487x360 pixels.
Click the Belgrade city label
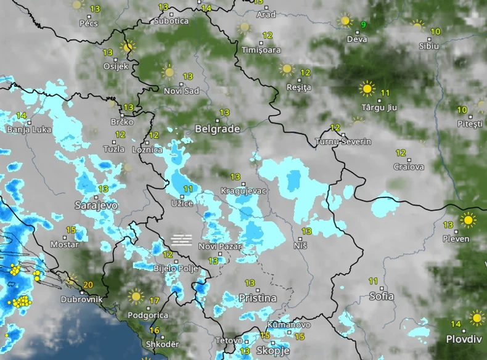pos(217,129)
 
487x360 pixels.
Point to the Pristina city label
pos(258,298)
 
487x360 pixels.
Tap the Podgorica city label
pos(147,315)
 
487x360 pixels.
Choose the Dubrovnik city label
pos(81,300)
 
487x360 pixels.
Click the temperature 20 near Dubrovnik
pos(88,285)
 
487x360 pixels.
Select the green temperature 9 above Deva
pos(363,25)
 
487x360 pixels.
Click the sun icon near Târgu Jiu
pos(367,89)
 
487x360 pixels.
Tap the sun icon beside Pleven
pos(469,220)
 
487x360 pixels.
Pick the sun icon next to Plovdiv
pos(477,318)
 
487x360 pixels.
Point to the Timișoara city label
pos(261,50)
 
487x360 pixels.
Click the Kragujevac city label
pos(243,191)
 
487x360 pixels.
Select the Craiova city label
pos(409,167)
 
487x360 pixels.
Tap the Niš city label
pos(300,246)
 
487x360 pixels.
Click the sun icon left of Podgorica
pos(136,297)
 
